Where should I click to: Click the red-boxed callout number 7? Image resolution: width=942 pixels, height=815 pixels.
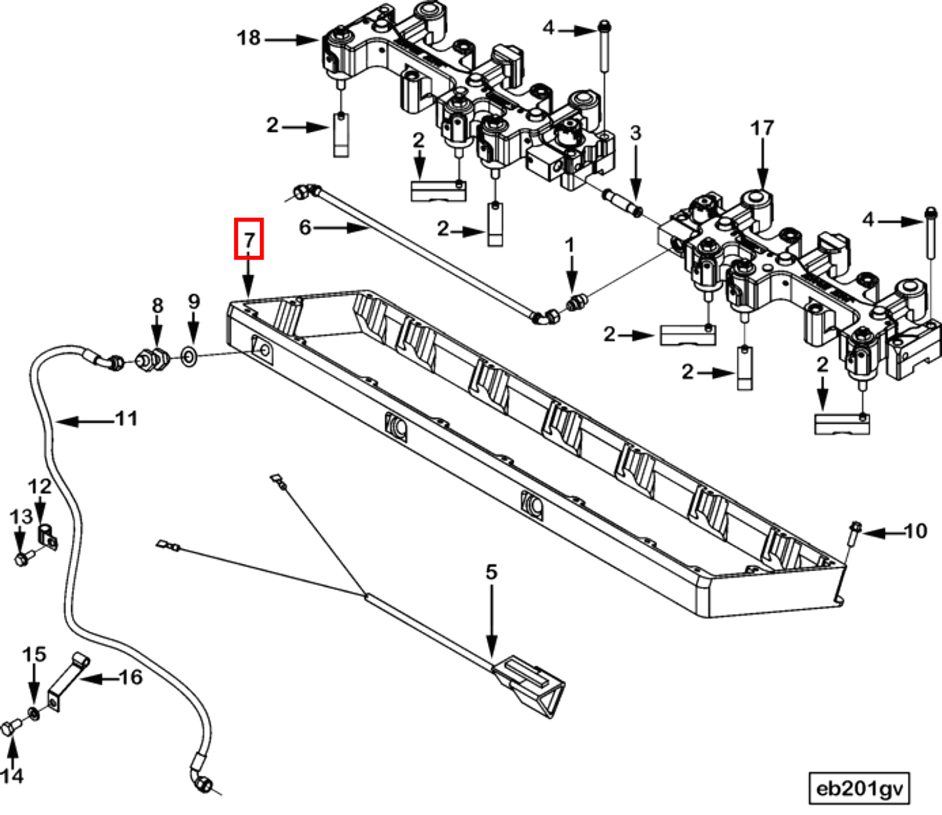pos(249,240)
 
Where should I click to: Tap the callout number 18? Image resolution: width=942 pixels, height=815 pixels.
pos(249,38)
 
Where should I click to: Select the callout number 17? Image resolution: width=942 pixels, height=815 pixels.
pos(762,128)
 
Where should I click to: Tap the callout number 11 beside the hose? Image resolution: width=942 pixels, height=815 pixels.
pos(127,418)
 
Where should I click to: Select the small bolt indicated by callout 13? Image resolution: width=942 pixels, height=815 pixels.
pos(22,558)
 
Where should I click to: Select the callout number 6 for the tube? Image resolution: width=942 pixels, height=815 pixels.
pos(304,228)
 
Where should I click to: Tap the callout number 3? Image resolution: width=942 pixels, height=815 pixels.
pos(635,133)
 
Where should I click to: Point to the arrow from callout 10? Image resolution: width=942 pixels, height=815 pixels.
pos(883,532)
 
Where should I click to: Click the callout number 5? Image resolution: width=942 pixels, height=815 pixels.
pos(491,572)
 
